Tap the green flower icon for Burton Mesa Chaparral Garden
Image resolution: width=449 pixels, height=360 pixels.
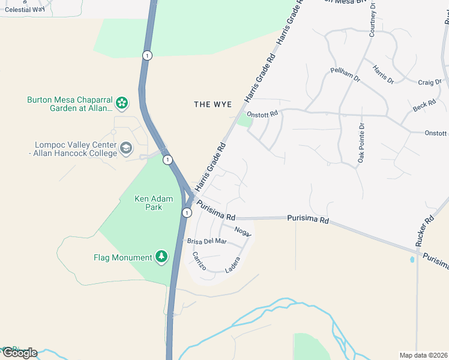point(122,103)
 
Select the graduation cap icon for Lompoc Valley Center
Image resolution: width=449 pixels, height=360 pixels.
point(126,148)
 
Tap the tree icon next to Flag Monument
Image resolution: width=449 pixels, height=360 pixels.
point(161,257)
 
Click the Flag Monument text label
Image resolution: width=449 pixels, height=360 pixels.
point(123,257)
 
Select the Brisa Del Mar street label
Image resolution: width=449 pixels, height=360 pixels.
point(207,241)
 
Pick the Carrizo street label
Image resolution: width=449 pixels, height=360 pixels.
point(199,261)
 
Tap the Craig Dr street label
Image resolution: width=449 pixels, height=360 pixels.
point(430,82)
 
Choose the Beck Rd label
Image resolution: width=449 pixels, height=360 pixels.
point(424,106)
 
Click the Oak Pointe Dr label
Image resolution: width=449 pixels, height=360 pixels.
point(361,143)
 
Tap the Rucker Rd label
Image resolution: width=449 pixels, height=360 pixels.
point(424,232)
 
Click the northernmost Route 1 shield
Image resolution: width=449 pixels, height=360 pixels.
point(148,55)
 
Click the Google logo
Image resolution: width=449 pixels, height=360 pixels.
point(20,353)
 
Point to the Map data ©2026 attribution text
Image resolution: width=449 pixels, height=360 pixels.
point(423,355)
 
